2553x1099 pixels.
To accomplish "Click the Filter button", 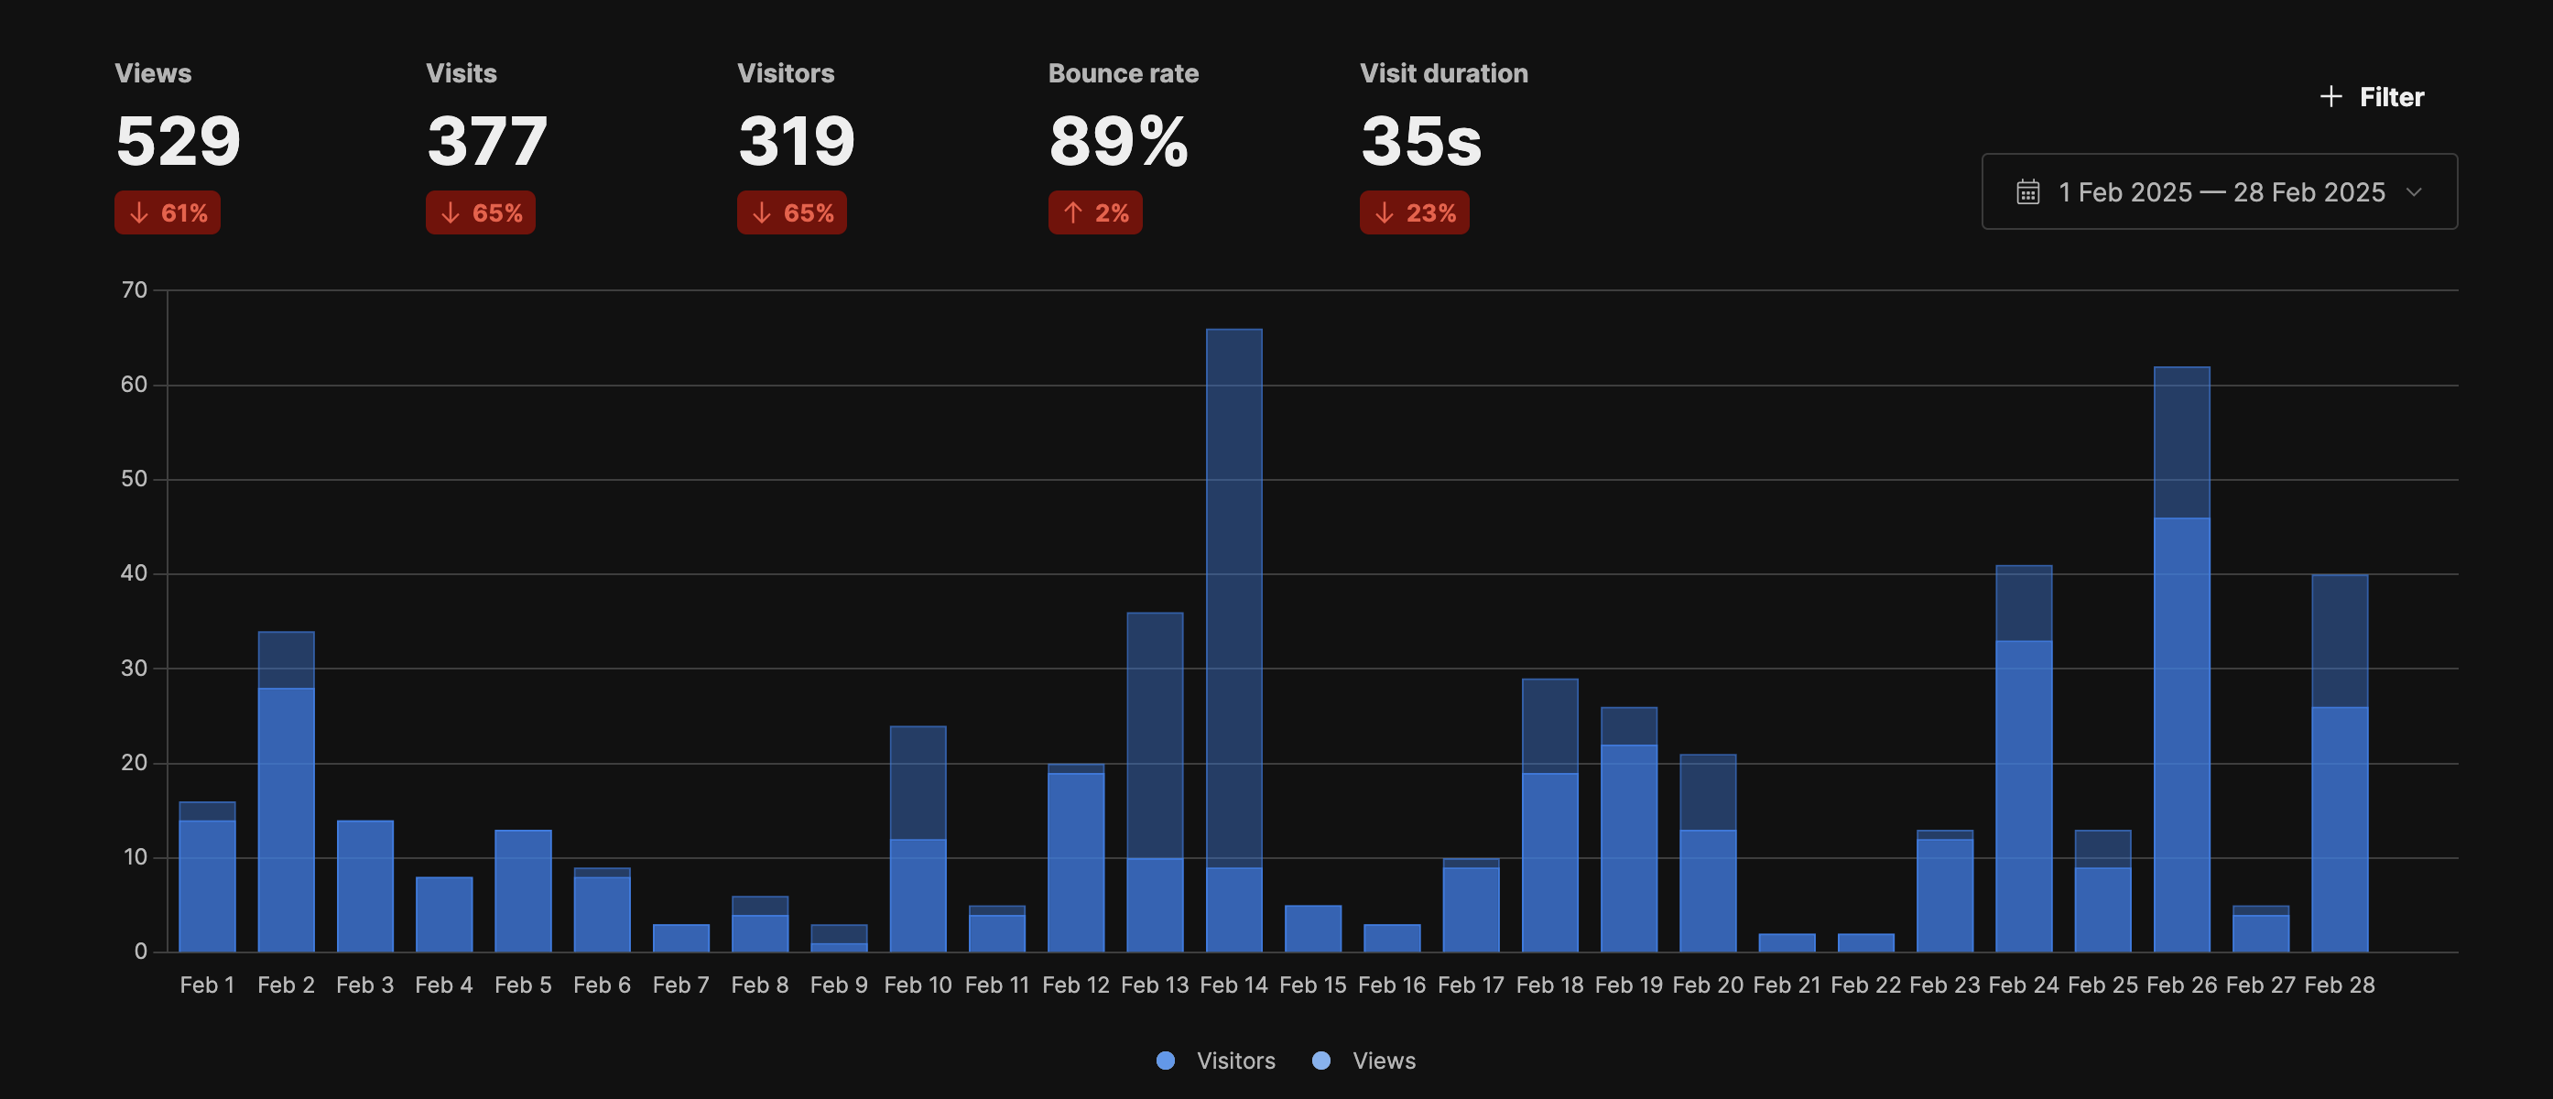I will point(2373,97).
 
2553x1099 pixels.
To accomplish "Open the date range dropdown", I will point(2219,192).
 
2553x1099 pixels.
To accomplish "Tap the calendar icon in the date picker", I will point(2027,192).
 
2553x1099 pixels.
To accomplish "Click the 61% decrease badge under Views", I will point(168,213).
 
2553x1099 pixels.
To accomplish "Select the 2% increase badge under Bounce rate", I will point(1095,213).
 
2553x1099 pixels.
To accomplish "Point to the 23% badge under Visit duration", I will point(1414,213).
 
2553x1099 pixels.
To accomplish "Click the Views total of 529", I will point(179,141).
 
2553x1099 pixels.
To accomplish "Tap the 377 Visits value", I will point(486,141).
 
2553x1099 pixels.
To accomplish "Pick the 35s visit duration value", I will point(1420,141).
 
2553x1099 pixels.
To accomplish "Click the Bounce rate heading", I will point(1123,73).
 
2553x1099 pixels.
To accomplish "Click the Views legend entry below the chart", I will point(1364,1061).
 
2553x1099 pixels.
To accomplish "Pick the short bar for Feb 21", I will point(1787,942).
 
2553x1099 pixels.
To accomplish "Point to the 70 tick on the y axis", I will point(134,290).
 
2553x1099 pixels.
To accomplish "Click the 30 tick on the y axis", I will point(134,669).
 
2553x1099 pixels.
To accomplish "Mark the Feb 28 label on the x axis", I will point(2339,985).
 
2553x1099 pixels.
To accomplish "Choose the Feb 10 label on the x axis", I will point(918,985).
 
